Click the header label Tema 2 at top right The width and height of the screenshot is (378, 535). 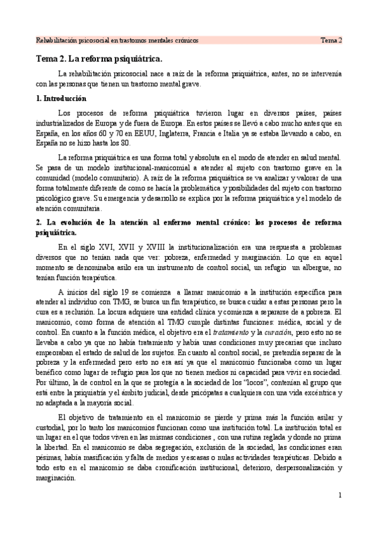click(x=330, y=40)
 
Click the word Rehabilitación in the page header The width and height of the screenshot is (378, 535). click(x=56, y=40)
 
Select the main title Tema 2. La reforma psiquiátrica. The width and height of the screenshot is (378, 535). click(x=98, y=60)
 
